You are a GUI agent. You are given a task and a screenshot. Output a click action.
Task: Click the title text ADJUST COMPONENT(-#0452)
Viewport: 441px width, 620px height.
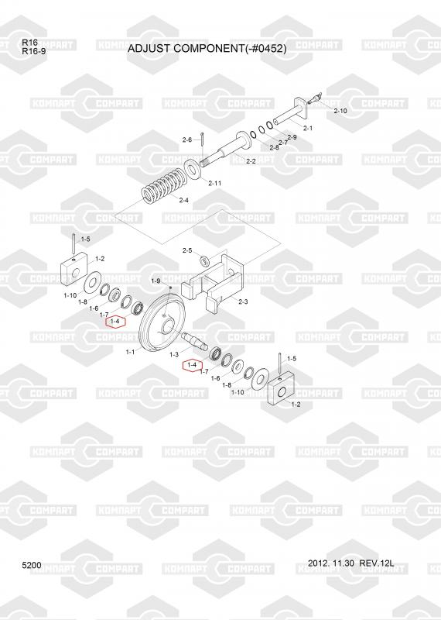pos(207,48)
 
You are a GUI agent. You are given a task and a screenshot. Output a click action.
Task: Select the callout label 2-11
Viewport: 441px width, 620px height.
pos(215,183)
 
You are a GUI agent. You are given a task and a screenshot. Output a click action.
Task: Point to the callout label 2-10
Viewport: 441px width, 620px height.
pos(340,111)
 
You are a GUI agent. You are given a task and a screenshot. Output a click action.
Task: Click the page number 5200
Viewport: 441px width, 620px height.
pos(32,566)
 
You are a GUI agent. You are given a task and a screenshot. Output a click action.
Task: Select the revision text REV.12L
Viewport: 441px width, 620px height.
pos(377,563)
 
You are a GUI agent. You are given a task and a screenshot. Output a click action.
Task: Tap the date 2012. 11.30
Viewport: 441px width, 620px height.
pos(331,563)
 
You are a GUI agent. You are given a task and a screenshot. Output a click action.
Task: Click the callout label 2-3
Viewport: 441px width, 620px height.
pos(243,301)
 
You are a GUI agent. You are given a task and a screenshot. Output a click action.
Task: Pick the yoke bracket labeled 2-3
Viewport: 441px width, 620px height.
pos(212,281)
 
